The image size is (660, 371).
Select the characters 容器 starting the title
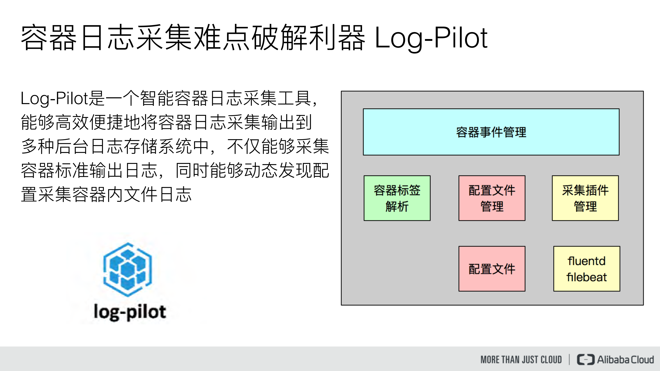[x=49, y=38]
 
